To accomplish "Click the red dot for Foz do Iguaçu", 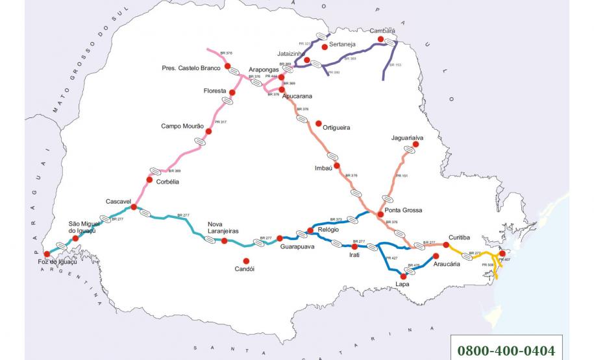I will coord(46,254).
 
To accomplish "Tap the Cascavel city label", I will coord(119,201).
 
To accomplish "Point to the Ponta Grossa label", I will coord(403,210).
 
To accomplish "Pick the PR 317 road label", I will coord(220,122).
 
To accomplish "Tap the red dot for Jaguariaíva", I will coord(416,145).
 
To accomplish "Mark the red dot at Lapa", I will coord(404,276).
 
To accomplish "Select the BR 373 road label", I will coord(336,219).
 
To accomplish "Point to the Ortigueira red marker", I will coord(318,123).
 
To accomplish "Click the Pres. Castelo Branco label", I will coord(192,67).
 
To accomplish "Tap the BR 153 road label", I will coord(395,66).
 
